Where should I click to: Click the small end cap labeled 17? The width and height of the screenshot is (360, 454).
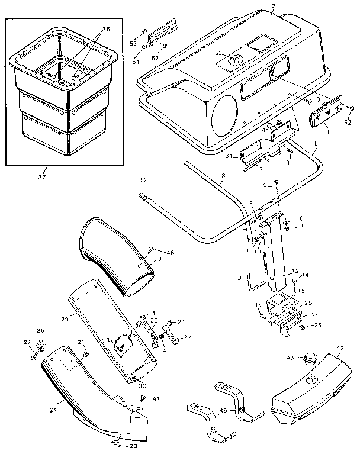point(143,196)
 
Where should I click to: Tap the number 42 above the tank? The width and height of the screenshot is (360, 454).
point(340,349)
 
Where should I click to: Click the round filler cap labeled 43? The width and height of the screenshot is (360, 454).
point(310,359)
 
